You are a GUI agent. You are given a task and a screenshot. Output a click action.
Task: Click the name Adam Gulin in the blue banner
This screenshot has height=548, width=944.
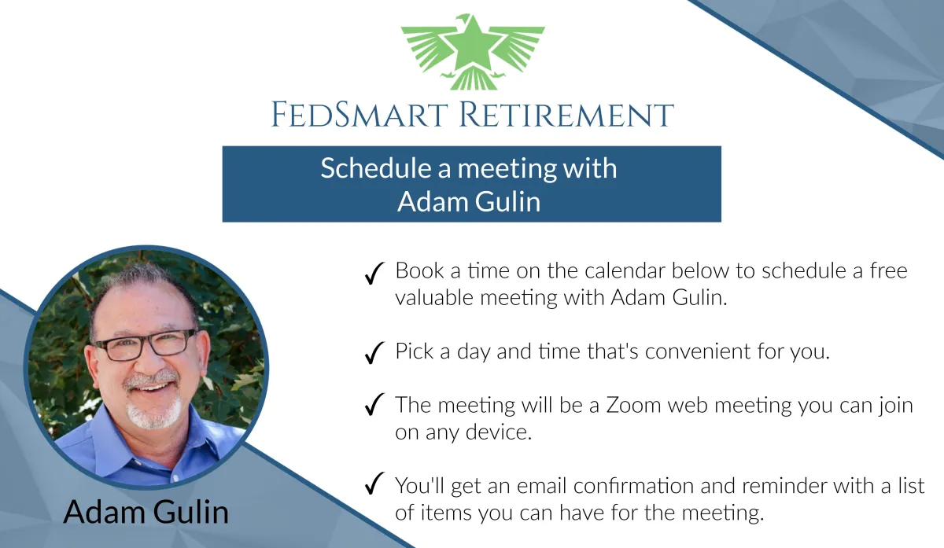click(x=469, y=201)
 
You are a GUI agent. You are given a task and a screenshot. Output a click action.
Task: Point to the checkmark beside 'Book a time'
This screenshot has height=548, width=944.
click(x=374, y=273)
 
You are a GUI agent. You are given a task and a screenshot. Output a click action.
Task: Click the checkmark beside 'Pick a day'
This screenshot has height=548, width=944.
click(x=374, y=352)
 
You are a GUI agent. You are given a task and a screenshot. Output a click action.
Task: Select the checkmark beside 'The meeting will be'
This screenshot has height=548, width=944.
click(x=374, y=404)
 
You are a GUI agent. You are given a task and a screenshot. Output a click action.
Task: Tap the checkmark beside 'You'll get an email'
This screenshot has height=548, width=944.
click(x=374, y=483)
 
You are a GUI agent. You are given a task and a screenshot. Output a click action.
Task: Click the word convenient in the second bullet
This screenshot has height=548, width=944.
click(x=698, y=351)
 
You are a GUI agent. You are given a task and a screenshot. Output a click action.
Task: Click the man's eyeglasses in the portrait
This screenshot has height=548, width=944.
click(x=146, y=345)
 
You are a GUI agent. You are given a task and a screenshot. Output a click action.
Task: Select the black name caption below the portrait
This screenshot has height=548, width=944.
click(x=146, y=512)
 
